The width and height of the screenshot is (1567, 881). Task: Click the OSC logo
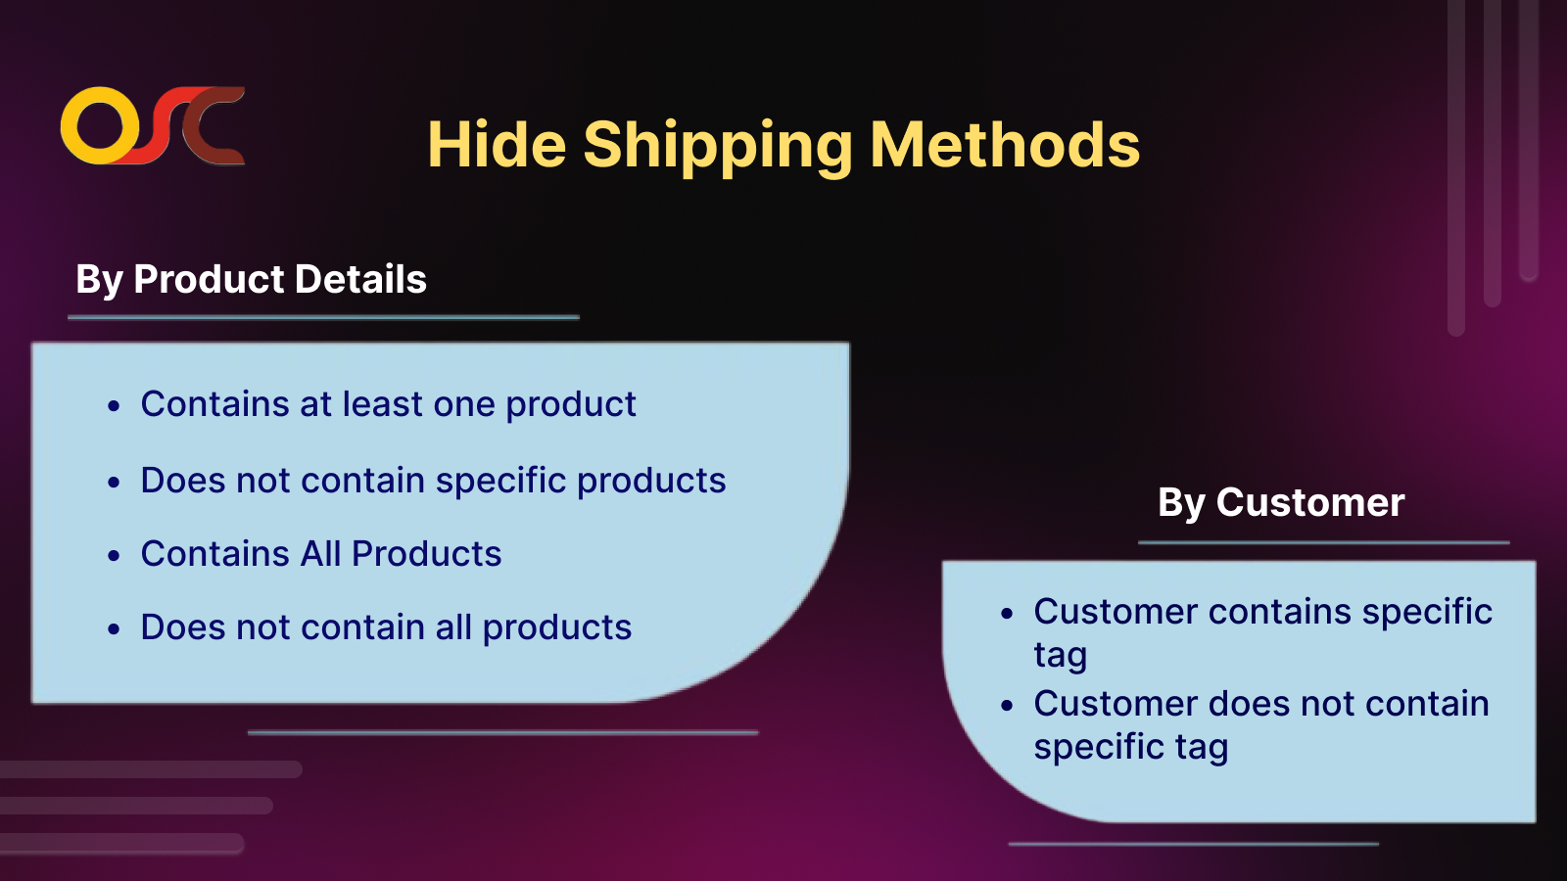153,126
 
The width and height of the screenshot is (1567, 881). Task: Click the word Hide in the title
497,145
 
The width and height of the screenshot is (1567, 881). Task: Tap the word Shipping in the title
719,147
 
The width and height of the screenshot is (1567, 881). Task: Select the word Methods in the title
1005,144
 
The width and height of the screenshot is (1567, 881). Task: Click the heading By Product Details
251,280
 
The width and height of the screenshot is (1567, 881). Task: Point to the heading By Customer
1281,503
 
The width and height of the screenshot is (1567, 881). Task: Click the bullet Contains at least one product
388,404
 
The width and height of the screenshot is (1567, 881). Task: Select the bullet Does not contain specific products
433,481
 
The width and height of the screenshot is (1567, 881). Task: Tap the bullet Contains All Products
321,554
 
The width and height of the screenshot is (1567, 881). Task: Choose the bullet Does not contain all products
386,627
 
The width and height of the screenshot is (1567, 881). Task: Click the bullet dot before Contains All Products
114,556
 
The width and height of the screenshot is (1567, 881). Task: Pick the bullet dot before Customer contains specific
1007,614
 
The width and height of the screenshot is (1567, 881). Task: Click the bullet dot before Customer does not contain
1007,706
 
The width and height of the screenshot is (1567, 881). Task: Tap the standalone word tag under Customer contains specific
1061,656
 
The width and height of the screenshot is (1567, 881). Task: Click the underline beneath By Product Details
323,317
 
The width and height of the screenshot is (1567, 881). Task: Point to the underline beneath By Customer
1323,542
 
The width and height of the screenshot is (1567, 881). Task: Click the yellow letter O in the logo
98,126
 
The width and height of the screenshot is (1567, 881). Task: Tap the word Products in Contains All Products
427,554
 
